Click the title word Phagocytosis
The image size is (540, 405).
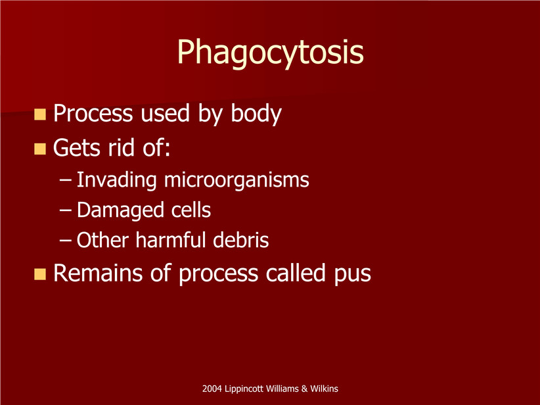[271, 53]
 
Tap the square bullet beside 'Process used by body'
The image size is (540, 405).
[40, 114]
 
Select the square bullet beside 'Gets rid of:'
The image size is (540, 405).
[40, 149]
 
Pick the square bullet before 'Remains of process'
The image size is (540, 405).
[40, 274]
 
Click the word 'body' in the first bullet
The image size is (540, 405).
[256, 114]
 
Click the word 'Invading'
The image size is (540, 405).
[116, 181]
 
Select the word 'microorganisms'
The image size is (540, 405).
[236, 180]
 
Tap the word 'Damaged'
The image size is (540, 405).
[120, 210]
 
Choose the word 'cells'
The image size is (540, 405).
[191, 210]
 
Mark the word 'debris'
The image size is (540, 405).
[240, 240]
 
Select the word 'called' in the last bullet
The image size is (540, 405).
[296, 273]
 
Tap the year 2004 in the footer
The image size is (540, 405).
[212, 389]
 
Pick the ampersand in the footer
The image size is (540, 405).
[304, 389]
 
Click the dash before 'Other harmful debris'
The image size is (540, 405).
[65, 241]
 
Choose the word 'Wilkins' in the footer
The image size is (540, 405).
[324, 389]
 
